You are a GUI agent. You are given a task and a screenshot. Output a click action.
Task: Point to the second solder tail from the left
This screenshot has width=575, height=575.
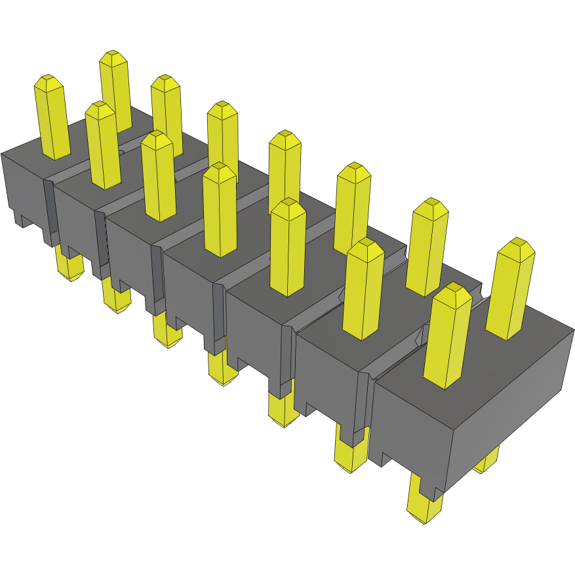[x=116, y=298]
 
